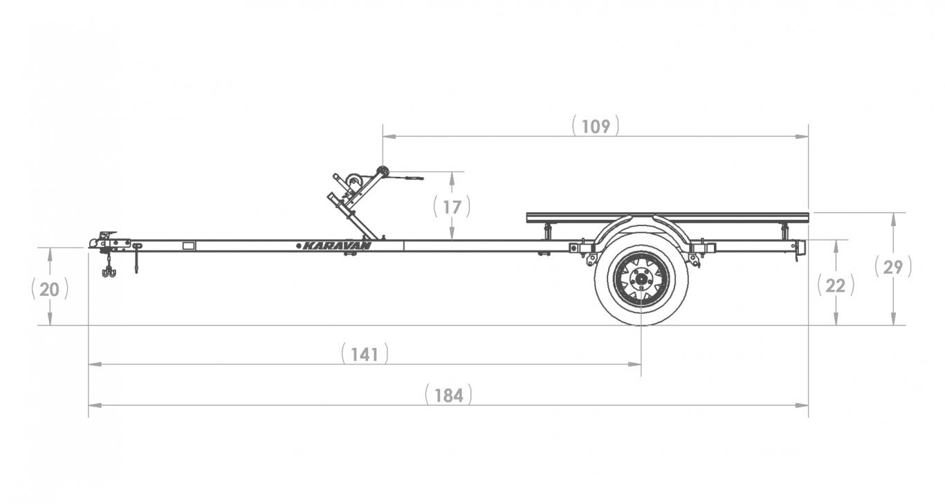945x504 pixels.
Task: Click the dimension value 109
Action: click(x=596, y=127)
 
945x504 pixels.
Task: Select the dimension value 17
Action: click(x=452, y=207)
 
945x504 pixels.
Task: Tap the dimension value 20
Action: click(x=49, y=290)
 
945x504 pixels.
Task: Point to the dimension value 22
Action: click(x=835, y=286)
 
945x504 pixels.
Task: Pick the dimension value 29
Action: click(x=892, y=268)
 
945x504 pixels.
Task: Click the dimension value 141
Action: click(x=365, y=355)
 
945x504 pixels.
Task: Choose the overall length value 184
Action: click(x=448, y=395)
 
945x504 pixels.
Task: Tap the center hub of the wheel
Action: click(x=641, y=279)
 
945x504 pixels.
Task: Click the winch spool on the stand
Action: click(x=354, y=183)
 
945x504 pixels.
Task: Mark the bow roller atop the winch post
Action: click(x=383, y=171)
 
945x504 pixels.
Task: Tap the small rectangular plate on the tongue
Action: click(x=189, y=246)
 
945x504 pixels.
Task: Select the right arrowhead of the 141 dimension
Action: click(x=634, y=364)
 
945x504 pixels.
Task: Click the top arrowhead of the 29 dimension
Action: click(x=893, y=219)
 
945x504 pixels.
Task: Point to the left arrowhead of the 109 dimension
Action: click(x=389, y=137)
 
